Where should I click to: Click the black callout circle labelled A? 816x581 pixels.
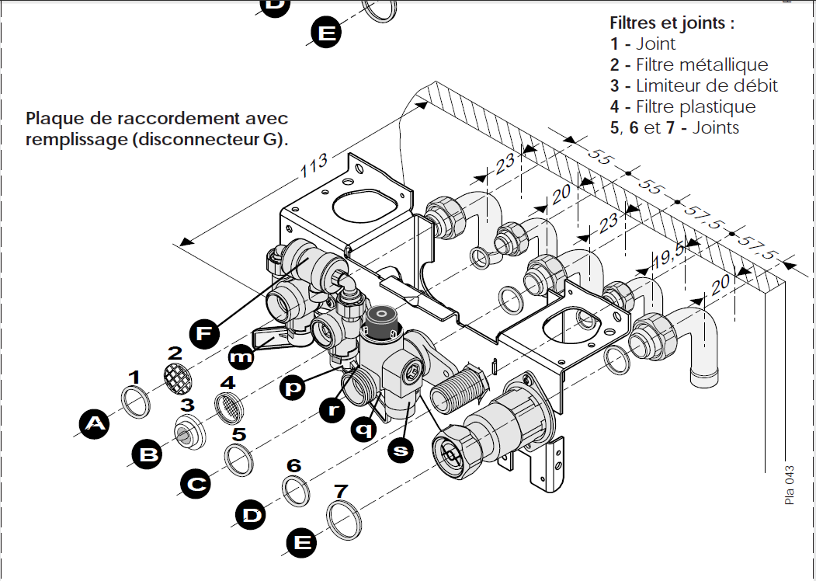94,424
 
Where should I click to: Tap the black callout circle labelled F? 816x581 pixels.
204,334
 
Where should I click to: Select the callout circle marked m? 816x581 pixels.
241,357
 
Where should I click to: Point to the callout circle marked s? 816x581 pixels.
401,450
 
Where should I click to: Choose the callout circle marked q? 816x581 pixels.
364,429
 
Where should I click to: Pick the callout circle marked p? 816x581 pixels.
293,388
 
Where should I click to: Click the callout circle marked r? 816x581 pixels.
332,409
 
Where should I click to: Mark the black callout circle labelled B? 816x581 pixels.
148,454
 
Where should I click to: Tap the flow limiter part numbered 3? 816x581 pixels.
189,433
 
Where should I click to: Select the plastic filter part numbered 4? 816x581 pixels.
229,409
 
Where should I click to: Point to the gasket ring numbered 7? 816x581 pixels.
344,520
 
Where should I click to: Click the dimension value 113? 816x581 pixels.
314,165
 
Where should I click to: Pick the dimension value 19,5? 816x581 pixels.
669,255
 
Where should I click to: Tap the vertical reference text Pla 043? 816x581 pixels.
790,485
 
